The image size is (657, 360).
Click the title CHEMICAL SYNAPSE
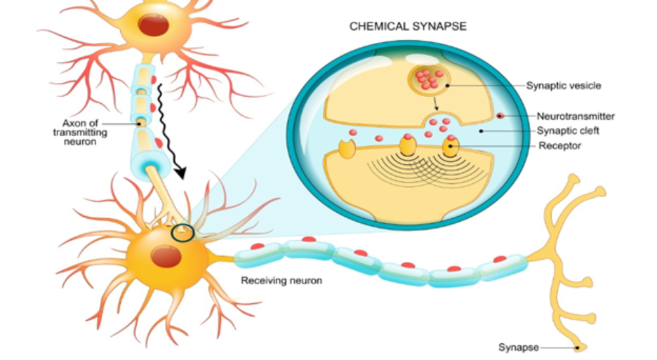pos(408,27)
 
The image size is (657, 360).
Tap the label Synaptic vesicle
pos(564,86)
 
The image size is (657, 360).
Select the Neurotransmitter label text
pos(576,116)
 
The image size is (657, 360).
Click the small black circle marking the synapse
pos(180,232)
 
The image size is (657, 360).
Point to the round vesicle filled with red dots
pos(429,79)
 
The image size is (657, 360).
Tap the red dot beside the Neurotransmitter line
pos(500,116)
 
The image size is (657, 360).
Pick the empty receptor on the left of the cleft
pos(345,149)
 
